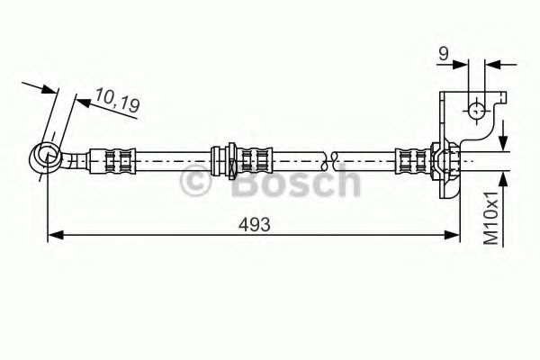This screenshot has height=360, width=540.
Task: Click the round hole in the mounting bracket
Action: pos(476,110)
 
